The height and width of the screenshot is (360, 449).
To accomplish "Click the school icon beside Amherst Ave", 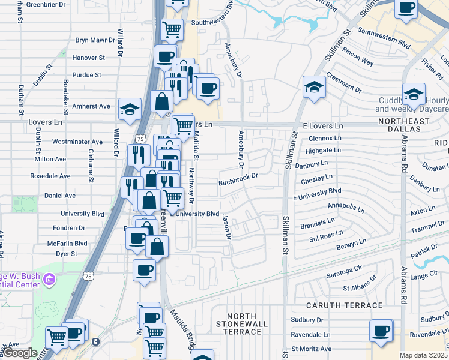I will [130, 109].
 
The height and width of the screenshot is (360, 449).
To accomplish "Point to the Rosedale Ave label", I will [50, 176].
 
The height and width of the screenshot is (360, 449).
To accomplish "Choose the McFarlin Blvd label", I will [68, 244].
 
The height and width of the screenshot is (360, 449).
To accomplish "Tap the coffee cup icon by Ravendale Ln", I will [381, 331].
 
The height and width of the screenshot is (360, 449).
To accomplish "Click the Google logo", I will [20, 353].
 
